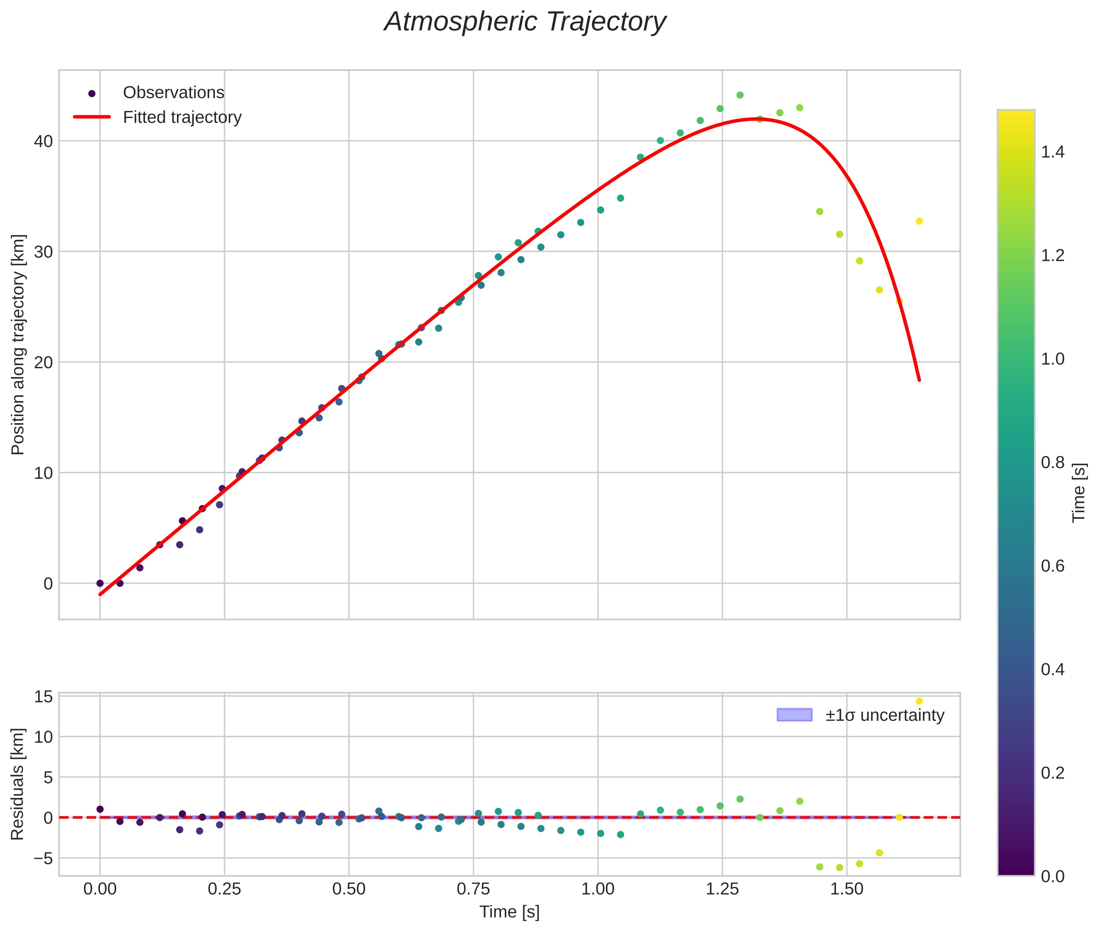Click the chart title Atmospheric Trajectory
pyautogui.click(x=525, y=22)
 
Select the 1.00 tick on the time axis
pyautogui.click(x=597, y=889)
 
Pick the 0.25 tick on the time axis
pyautogui.click(x=224, y=889)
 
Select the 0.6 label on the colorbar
pyautogui.click(x=1052, y=566)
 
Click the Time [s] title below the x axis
pyautogui.click(x=509, y=912)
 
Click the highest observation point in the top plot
pyautogui.click(x=740, y=95)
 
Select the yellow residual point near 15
pyautogui.click(x=919, y=701)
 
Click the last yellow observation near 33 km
pyautogui.click(x=919, y=221)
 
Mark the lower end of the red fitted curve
pyautogui.click(x=919, y=379)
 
